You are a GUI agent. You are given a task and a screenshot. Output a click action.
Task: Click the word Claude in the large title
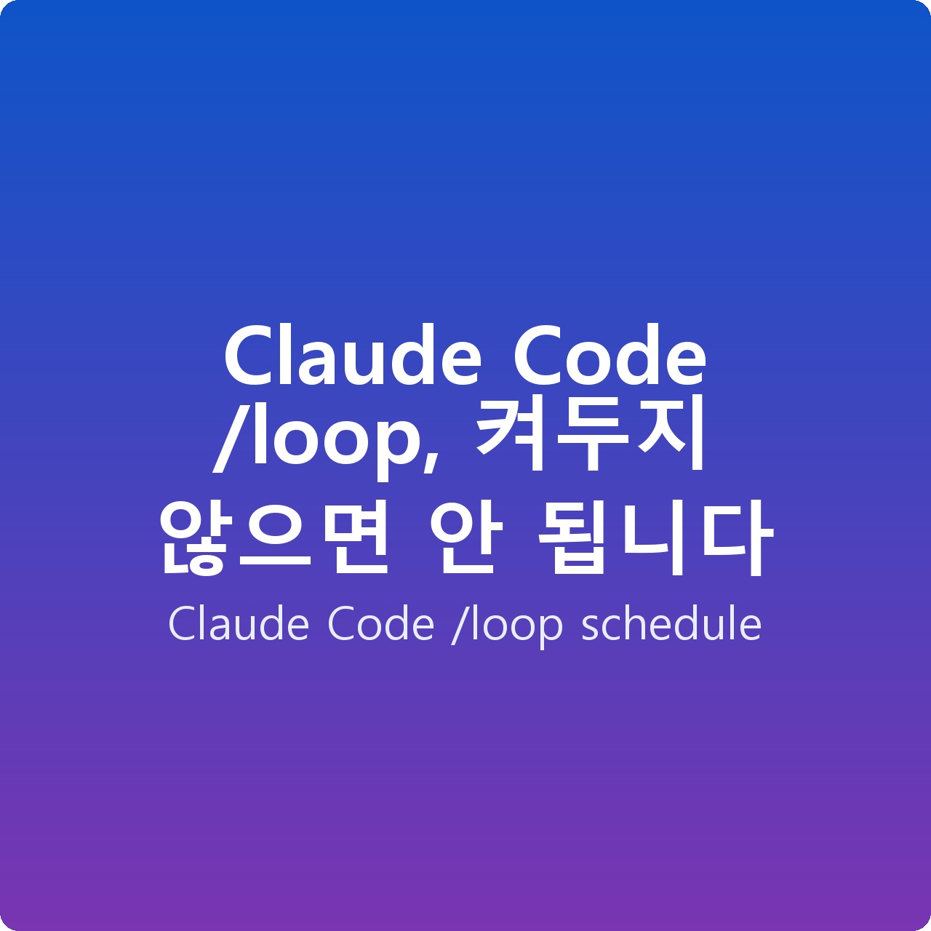[351, 356]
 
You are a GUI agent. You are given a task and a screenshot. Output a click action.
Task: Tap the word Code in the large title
[609, 356]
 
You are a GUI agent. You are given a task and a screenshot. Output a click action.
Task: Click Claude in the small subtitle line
[239, 624]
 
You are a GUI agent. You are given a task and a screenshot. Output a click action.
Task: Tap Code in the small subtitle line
[380, 624]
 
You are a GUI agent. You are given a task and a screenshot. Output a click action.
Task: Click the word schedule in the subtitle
[671, 624]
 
